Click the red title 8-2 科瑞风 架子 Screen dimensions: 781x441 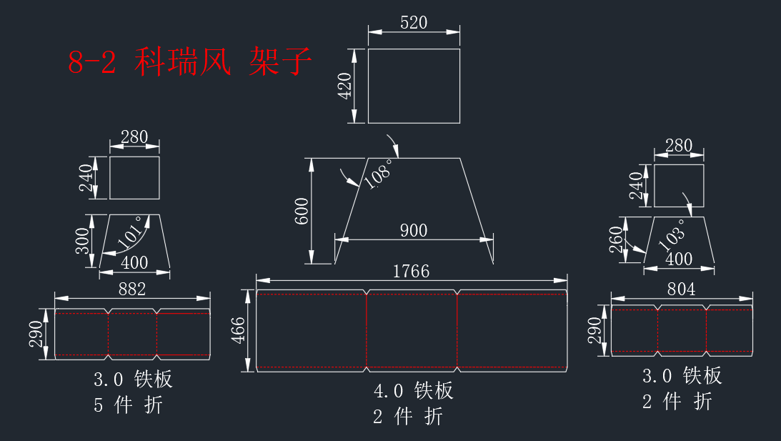coord(190,61)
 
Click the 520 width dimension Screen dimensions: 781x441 coord(414,22)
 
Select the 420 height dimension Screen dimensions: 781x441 coord(344,86)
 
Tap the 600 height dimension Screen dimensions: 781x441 coord(302,211)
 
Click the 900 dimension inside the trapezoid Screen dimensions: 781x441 coord(414,230)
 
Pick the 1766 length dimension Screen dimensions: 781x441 coord(411,271)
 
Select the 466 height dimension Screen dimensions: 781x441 coord(238,330)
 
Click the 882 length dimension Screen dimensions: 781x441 coord(132,289)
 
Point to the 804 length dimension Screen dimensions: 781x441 coord(681,289)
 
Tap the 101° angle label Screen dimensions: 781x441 coord(131,232)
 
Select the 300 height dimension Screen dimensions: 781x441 coord(82,241)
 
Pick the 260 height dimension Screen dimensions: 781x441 coord(617,239)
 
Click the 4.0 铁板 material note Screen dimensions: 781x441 coord(414,391)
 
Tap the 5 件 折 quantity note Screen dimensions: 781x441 coord(129,405)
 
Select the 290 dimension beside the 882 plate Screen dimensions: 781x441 coord(36,334)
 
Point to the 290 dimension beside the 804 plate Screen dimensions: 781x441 coord(595,331)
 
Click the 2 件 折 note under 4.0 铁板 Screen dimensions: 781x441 coord(408,417)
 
